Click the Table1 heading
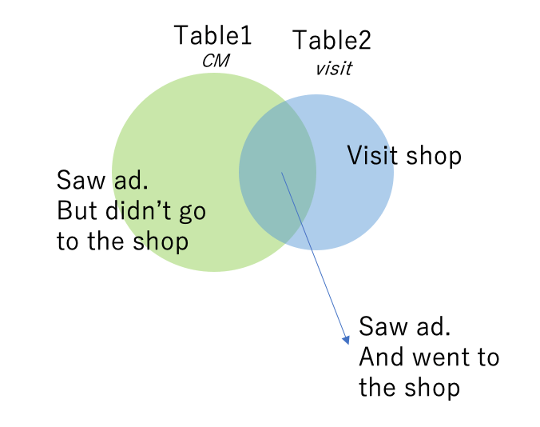(x=212, y=35)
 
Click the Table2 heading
(x=332, y=39)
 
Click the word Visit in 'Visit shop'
(x=371, y=155)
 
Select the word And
(x=380, y=357)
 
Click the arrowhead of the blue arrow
(x=346, y=339)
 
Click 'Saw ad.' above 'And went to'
(x=404, y=326)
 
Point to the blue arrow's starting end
(x=281, y=172)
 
